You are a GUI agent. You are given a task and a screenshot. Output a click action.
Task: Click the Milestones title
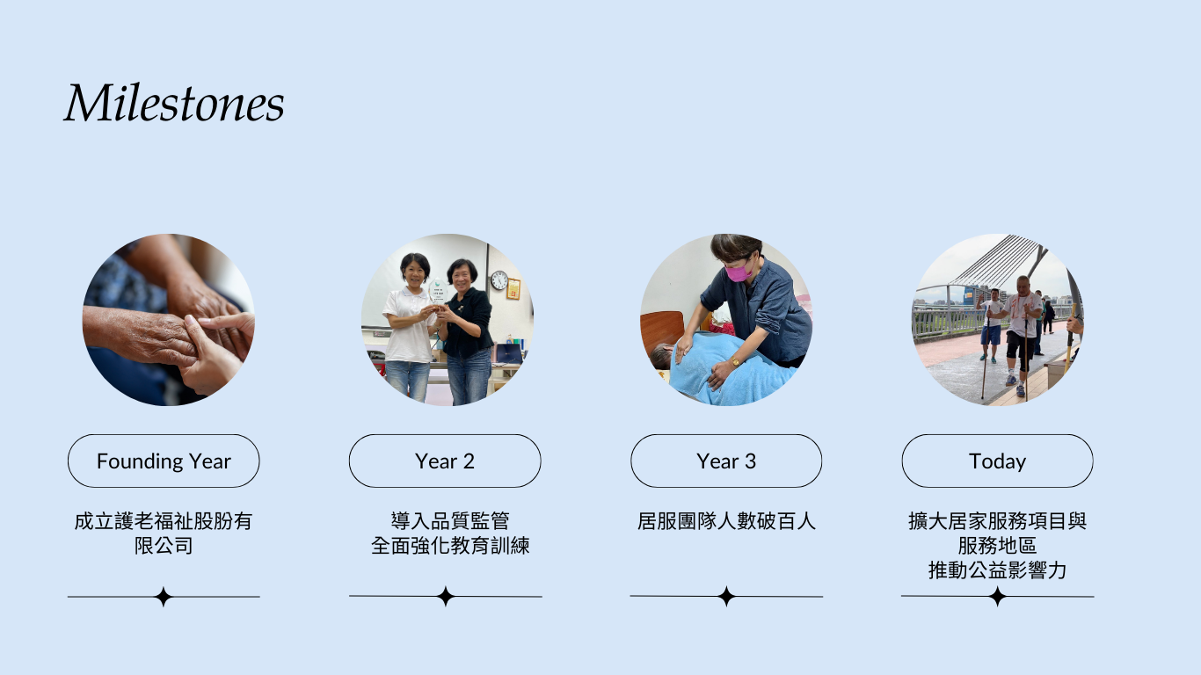174,103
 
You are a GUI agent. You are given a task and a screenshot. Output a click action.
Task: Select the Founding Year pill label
164,461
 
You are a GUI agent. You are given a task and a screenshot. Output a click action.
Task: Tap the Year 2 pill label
445,461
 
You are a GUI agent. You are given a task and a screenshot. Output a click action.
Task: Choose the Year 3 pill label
726,461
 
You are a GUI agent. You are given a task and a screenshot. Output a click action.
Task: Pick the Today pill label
997,461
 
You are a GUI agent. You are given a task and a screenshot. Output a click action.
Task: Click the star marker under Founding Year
164,596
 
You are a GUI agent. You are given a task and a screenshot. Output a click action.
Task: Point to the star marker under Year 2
446,596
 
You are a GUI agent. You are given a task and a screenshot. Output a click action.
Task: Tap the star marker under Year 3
726,596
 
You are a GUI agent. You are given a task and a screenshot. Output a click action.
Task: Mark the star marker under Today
998,596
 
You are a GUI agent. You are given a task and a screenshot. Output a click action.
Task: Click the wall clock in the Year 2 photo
499,279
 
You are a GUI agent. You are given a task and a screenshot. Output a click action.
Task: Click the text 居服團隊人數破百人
726,521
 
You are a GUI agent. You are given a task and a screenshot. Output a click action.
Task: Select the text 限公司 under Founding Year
164,546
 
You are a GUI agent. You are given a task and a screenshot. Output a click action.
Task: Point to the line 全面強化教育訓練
450,546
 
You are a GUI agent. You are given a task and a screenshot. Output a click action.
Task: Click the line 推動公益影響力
997,570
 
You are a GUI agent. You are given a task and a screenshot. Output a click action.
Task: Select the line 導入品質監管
450,521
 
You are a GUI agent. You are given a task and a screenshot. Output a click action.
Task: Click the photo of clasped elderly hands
168,320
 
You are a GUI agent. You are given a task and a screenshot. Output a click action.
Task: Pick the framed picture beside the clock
513,289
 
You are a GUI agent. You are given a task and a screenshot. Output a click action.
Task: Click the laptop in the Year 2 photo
508,354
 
